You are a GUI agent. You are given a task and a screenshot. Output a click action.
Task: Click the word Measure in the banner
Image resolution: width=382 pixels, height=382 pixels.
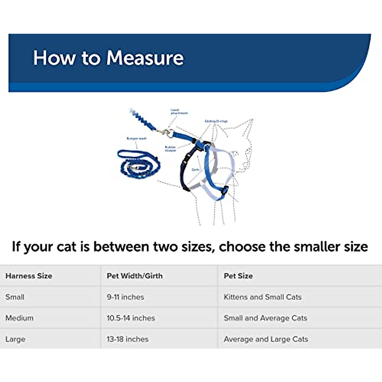145,58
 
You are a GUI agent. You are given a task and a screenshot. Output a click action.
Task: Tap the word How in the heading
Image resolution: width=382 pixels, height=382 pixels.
54,58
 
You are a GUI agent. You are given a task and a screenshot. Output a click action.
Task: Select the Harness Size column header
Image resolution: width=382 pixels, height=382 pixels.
29,276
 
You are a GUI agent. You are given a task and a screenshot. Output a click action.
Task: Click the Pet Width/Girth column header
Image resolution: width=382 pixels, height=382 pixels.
135,276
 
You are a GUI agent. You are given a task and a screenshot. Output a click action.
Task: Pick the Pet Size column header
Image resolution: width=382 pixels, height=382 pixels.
238,276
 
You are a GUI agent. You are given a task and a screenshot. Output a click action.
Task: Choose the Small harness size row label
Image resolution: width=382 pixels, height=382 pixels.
15,297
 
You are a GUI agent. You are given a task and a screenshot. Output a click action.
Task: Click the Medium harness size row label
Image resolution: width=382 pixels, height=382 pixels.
19,318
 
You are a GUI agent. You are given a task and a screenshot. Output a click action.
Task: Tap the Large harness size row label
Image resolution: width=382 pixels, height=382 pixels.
15,339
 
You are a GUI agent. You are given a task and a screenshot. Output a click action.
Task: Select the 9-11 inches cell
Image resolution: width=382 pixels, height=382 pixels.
125,297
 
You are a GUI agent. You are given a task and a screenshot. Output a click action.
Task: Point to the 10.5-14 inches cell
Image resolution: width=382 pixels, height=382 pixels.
131,318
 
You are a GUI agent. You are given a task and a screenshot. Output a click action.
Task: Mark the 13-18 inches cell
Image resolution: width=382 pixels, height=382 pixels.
128,339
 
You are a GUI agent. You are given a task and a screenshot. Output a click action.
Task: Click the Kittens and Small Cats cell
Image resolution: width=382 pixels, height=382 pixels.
263,297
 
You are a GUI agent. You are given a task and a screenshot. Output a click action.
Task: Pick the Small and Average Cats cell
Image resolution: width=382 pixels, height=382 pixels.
265,318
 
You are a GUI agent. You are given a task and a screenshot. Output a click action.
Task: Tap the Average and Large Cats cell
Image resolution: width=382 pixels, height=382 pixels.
266,339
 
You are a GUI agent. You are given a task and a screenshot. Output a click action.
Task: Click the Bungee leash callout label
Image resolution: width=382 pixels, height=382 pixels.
137,139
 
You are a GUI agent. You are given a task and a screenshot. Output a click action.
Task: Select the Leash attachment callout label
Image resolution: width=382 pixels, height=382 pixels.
179,112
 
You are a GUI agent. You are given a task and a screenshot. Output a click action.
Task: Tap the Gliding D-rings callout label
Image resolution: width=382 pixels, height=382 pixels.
216,121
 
